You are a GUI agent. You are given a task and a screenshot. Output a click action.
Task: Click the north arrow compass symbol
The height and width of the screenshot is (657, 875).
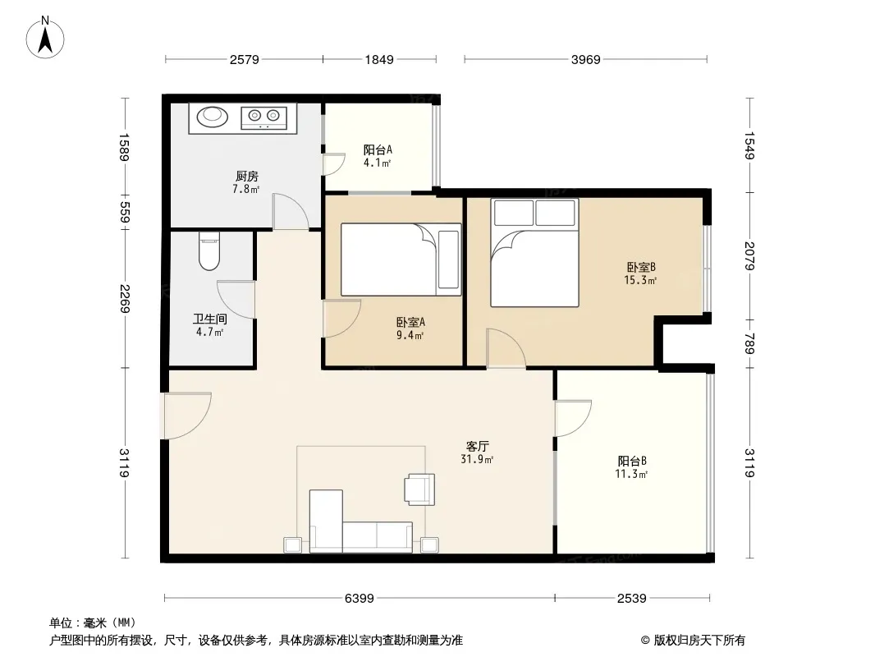45,38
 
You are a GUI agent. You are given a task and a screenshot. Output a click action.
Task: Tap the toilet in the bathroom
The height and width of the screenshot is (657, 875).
209,251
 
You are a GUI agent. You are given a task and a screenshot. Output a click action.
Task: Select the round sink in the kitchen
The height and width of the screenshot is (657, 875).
212,116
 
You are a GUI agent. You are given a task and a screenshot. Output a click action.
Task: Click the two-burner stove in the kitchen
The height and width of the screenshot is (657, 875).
264,117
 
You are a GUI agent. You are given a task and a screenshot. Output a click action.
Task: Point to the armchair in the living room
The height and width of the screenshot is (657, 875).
420,489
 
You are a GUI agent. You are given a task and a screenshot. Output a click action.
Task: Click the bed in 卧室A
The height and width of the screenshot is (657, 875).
401,260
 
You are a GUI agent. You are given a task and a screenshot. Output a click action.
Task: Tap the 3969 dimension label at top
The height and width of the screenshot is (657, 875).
585,59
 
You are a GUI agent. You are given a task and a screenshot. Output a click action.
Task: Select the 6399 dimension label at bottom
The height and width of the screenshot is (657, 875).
359,599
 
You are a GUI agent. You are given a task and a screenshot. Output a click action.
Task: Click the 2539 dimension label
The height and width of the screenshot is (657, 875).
632,599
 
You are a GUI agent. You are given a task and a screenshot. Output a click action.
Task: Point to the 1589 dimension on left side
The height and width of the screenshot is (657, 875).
124,147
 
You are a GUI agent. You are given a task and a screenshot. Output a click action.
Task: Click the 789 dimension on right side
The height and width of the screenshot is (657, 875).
749,343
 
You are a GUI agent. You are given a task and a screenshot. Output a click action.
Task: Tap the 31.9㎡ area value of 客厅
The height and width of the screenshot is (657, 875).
477,459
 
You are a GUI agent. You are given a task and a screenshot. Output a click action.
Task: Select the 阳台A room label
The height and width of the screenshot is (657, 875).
378,149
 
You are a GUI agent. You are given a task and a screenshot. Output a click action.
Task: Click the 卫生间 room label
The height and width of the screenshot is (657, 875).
210,319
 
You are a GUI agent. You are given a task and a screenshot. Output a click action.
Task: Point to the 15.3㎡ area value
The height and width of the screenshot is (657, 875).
640,280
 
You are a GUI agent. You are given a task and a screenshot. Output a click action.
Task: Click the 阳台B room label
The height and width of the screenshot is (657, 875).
632,461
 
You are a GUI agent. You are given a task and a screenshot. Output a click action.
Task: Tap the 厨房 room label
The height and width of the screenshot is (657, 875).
246,177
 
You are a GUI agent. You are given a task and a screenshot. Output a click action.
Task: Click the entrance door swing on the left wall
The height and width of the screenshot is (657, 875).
186,416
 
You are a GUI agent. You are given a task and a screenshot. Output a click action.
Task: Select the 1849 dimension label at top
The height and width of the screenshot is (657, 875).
379,59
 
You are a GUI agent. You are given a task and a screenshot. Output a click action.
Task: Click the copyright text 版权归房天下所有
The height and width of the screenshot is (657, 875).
699,641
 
